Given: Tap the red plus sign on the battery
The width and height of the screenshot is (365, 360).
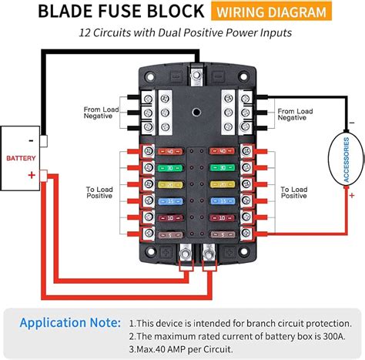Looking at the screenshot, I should click(x=32, y=175).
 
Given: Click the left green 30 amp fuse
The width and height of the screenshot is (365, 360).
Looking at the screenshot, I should click(x=168, y=167).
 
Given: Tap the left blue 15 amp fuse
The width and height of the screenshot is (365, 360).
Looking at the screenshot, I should click(x=168, y=201).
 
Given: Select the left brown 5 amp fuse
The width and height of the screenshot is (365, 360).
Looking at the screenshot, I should click(x=168, y=234).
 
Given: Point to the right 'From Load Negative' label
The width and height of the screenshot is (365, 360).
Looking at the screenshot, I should click(x=294, y=113).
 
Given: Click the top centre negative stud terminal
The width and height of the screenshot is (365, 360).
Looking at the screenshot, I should click(x=198, y=76).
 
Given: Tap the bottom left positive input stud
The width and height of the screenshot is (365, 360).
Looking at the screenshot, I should click(x=185, y=251).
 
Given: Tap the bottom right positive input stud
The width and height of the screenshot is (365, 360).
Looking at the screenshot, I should click(x=209, y=251).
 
